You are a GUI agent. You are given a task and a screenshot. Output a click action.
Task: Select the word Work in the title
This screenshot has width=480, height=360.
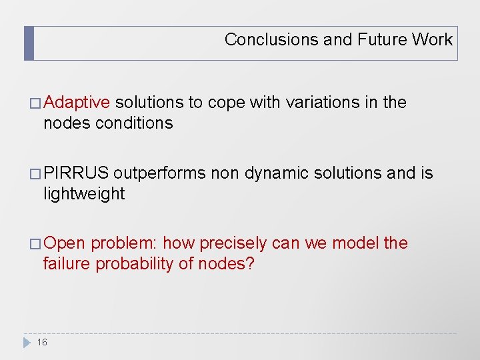pyautogui.click(x=432, y=39)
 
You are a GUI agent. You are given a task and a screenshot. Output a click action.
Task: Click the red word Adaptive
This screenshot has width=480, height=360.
pyautogui.click(x=77, y=103)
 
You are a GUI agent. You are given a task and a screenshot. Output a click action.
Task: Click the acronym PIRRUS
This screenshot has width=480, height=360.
pyautogui.click(x=76, y=173)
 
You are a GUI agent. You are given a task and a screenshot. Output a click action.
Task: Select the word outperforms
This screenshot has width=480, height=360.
pyautogui.click(x=159, y=173)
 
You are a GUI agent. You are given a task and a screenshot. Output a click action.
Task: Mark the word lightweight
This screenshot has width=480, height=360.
pyautogui.click(x=83, y=194)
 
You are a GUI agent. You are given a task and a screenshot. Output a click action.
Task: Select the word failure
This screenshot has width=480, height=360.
pyautogui.click(x=67, y=264)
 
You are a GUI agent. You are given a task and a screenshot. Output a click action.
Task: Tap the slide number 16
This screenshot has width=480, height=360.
pyautogui.click(x=42, y=342)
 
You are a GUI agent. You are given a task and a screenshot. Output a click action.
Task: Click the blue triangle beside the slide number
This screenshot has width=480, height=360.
pyautogui.click(x=27, y=342)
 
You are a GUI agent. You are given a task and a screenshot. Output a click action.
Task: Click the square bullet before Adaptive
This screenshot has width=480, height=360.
pyautogui.click(x=36, y=103)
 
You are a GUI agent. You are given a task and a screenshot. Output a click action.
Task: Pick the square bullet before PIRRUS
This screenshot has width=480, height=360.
pyautogui.click(x=36, y=174)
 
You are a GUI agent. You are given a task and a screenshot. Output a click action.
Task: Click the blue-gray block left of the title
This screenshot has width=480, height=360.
pyautogui.click(x=29, y=43)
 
